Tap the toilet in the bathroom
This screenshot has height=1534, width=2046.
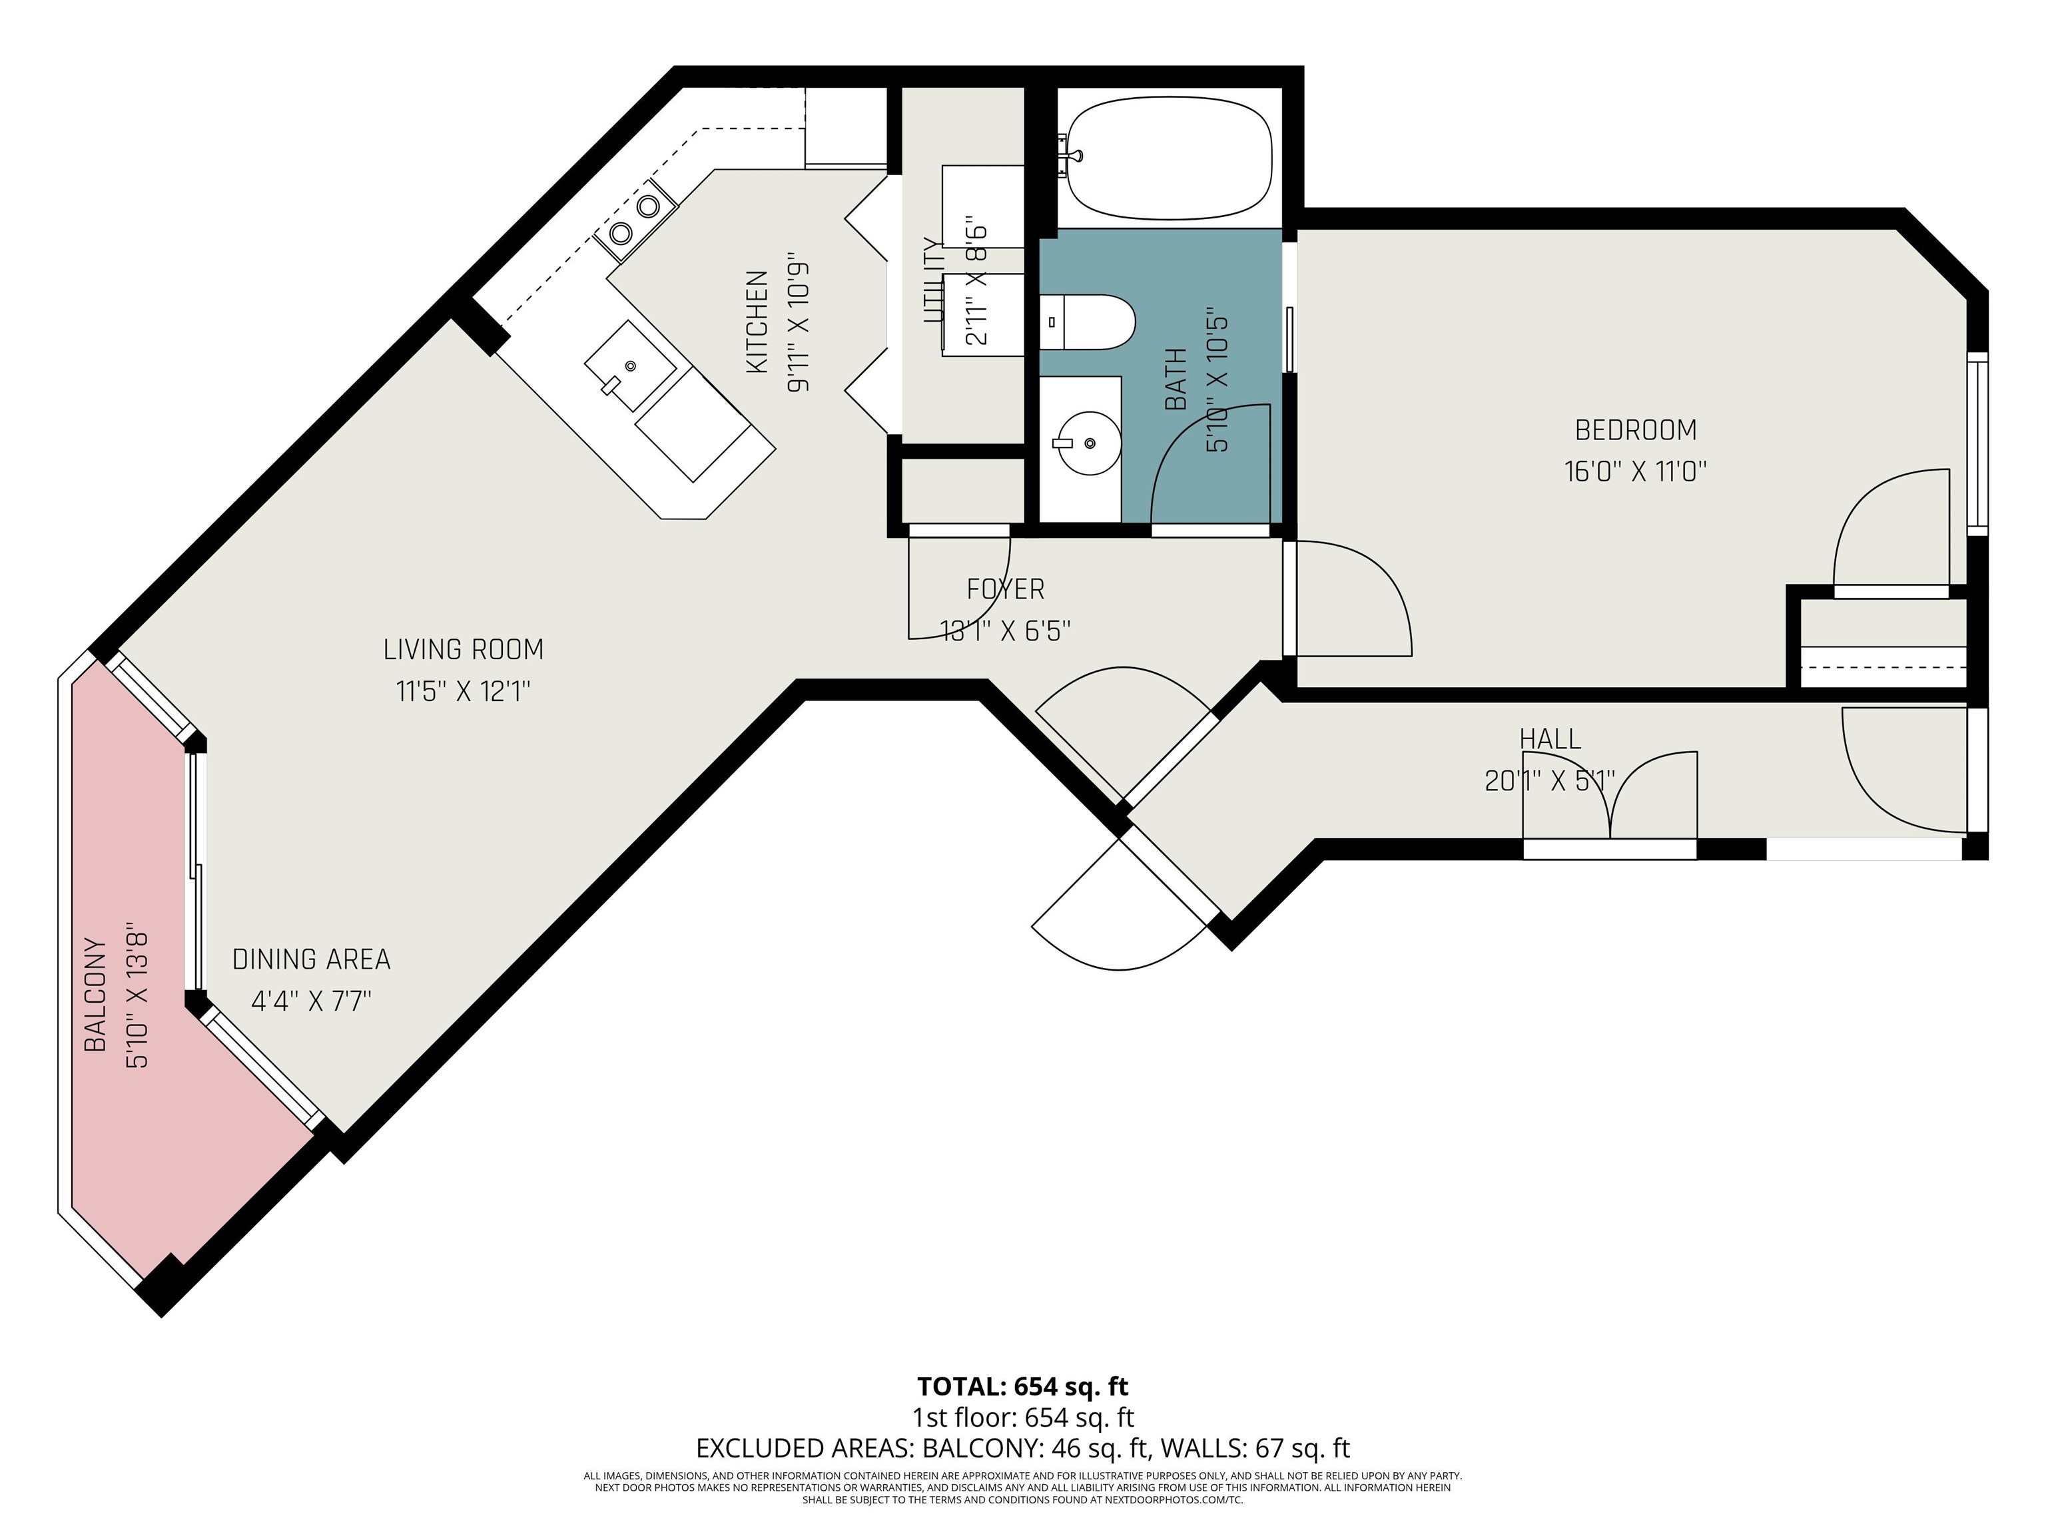1087,322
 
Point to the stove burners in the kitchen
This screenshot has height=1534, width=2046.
635,219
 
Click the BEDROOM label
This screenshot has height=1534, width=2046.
1635,430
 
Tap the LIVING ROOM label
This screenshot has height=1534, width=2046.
464,650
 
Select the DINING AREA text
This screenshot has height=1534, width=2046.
312,960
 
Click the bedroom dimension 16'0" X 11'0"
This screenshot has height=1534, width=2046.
1634,471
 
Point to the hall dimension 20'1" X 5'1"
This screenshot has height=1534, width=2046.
1549,782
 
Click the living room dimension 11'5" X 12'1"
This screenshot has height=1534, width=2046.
464,692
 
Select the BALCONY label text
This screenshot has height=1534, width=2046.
95,994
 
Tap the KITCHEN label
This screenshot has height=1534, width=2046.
757,322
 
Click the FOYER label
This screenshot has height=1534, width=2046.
1006,589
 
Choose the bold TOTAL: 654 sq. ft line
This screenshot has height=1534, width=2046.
1023,1387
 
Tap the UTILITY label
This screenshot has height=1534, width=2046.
932,280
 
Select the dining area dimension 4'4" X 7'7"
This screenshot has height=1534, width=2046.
312,1001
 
